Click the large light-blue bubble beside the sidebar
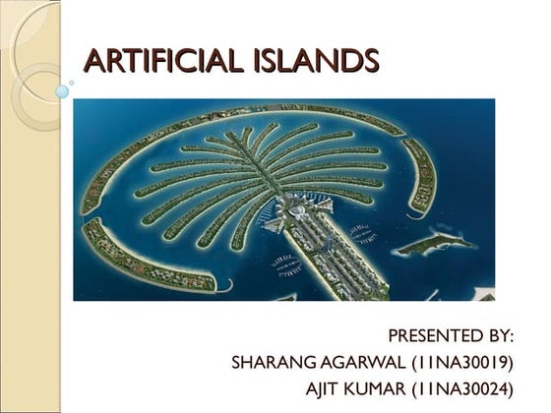pyautogui.click(x=63, y=91)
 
